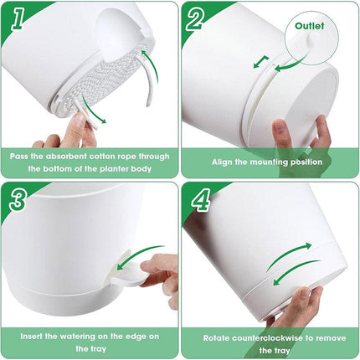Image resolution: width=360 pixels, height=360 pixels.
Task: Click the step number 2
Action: click(x=196, y=19)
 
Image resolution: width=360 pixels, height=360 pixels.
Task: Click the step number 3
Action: click(x=17, y=200)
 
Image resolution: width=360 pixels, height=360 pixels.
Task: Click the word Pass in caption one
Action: click(x=22, y=155)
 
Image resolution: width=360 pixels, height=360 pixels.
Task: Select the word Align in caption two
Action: click(x=225, y=161)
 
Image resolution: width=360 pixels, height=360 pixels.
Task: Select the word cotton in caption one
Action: click(x=107, y=155)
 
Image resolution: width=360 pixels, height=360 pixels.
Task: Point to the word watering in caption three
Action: click(x=88, y=335)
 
